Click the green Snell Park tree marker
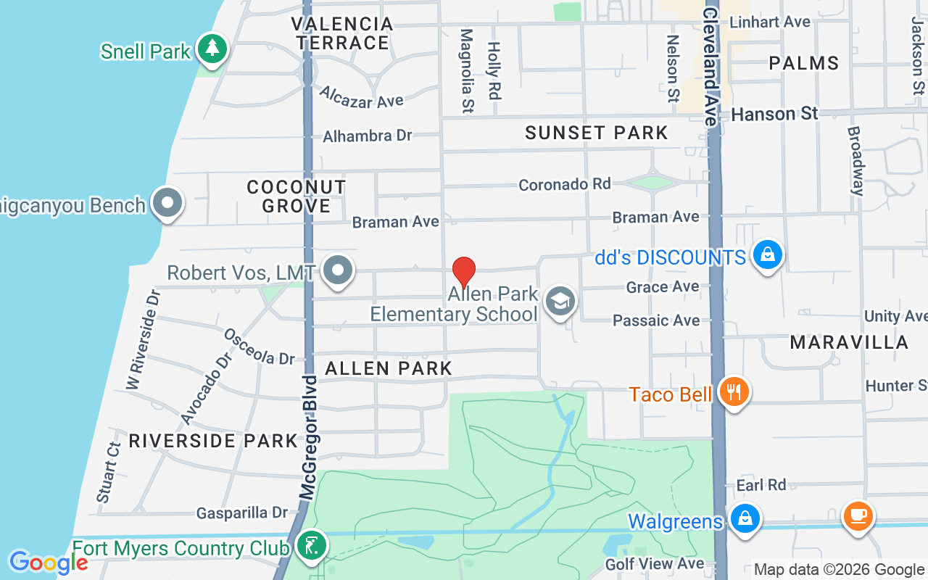(212, 49)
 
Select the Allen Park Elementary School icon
(560, 302)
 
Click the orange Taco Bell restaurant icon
(734, 392)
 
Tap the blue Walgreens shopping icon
(744, 519)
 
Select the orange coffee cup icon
(858, 516)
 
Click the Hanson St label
(774, 114)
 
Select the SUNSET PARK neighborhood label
(596, 133)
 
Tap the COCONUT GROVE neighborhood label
(296, 196)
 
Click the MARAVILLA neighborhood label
(849, 342)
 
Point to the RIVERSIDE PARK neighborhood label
(213, 441)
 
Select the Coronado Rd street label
(564, 184)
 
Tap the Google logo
(48, 563)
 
